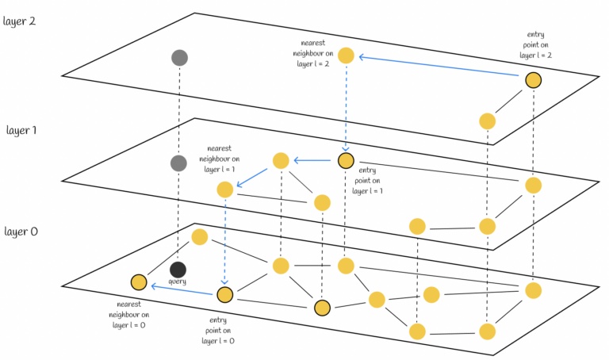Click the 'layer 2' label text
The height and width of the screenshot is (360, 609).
click(21, 20)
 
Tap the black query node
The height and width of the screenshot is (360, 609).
click(178, 270)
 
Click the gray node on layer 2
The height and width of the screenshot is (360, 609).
click(179, 57)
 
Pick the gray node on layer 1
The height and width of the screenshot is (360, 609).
click(178, 163)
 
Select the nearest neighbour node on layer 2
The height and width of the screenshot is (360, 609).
click(346, 56)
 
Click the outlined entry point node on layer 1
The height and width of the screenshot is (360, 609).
click(346, 161)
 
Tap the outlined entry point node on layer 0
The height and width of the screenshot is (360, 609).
click(224, 295)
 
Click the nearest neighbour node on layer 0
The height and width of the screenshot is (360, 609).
click(139, 282)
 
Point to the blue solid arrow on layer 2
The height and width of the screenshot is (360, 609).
click(440, 67)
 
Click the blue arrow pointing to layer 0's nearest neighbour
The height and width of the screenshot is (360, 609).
click(182, 289)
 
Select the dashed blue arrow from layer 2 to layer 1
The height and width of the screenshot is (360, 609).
click(346, 107)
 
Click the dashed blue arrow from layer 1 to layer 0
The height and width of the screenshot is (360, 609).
click(224, 238)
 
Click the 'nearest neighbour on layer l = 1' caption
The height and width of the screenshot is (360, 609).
click(218, 159)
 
